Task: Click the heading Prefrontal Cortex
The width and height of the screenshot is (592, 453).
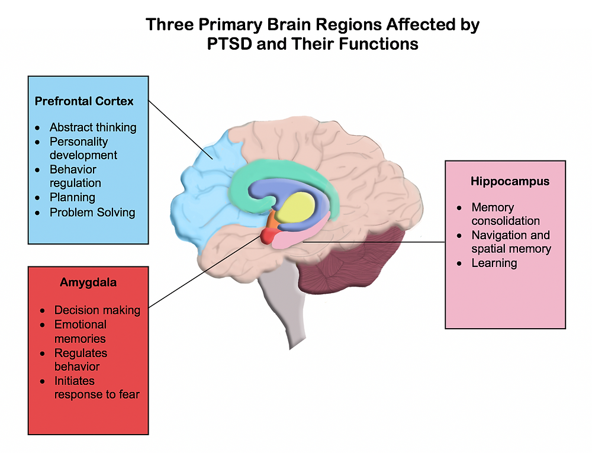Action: coord(84,101)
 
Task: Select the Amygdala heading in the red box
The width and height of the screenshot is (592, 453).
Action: coord(88,282)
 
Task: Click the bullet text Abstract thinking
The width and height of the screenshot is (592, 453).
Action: coord(93,127)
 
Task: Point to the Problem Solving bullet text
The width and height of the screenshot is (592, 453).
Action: coord(92,212)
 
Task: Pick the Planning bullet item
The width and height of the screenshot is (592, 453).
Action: coord(72,197)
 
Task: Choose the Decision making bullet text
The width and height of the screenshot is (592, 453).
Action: coord(97,310)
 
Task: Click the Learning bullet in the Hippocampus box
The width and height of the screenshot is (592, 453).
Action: coord(494,263)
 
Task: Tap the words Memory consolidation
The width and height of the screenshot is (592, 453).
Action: coord(505,214)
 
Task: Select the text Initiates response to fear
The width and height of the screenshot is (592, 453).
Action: coord(96,387)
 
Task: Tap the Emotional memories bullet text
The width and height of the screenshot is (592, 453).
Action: coord(80,332)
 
